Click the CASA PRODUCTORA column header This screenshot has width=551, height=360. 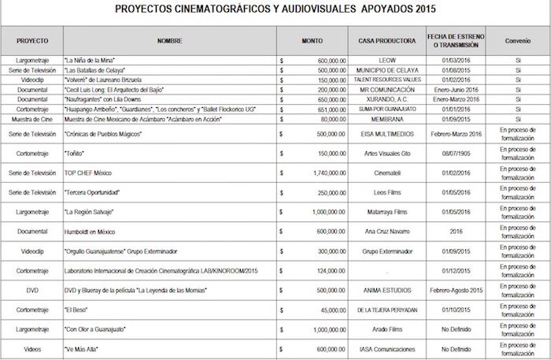[386, 39]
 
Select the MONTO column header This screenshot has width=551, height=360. [312, 39]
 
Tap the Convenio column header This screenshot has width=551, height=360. [518, 39]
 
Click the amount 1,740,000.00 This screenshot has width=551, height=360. [326, 172]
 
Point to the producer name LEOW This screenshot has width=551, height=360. [386, 60]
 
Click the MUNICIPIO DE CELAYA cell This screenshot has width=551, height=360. [386, 70]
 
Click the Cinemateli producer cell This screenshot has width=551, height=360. [386, 172]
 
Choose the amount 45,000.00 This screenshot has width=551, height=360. [331, 310]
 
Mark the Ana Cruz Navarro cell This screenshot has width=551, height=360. [386, 232]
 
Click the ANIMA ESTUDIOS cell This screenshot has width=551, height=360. [386, 289]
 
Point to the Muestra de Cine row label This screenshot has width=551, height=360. [32, 119]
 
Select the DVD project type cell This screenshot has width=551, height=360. [32, 289]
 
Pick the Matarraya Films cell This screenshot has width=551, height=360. [386, 213]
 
